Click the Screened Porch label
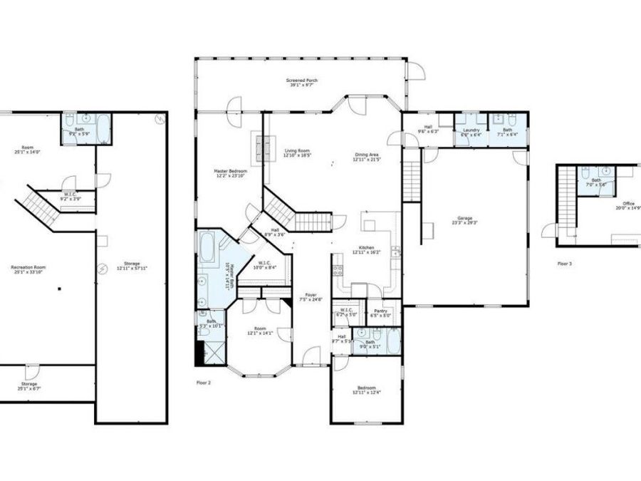pos(301,81)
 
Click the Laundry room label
pos(471,130)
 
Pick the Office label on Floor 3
pos(628,204)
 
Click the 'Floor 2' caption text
pos(204,383)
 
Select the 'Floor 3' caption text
pos(564,263)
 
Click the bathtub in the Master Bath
pos(209,247)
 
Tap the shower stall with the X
pos(211,352)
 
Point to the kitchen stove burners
pos(338,270)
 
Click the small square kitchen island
pos(369,225)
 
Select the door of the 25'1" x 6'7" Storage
pos(31,371)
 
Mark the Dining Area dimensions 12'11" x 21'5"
pos(367,160)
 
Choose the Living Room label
pos(297,150)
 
